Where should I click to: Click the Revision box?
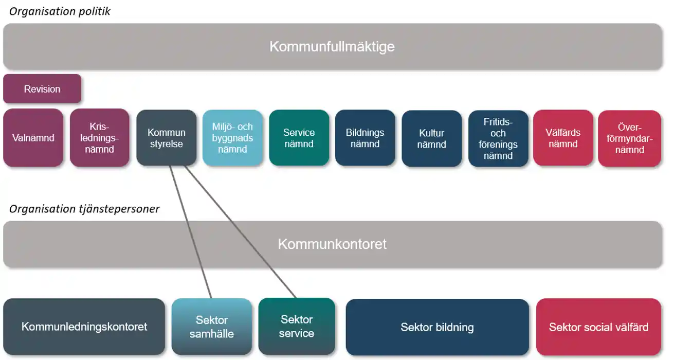tap(42, 89)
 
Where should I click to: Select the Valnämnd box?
tap(33, 138)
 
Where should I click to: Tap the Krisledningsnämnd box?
tap(100, 138)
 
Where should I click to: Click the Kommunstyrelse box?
tap(166, 138)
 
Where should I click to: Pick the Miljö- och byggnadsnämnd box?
tap(232, 138)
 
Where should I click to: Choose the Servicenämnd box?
tap(299, 138)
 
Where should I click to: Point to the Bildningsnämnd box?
tap(365, 138)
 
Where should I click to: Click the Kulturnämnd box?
tap(431, 138)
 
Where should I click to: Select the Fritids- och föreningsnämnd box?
tap(498, 138)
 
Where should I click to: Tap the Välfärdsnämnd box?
tap(563, 138)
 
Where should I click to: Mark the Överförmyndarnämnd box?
tap(629, 138)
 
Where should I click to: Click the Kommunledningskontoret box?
tap(84, 327)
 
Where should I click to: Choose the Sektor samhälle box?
tap(212, 327)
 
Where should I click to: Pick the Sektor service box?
tap(297, 327)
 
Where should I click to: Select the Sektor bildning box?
tap(437, 327)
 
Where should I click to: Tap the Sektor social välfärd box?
tap(598, 327)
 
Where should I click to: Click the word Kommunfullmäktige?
tap(332, 47)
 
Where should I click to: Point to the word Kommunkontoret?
tap(332, 244)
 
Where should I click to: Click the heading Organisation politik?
tap(60, 11)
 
